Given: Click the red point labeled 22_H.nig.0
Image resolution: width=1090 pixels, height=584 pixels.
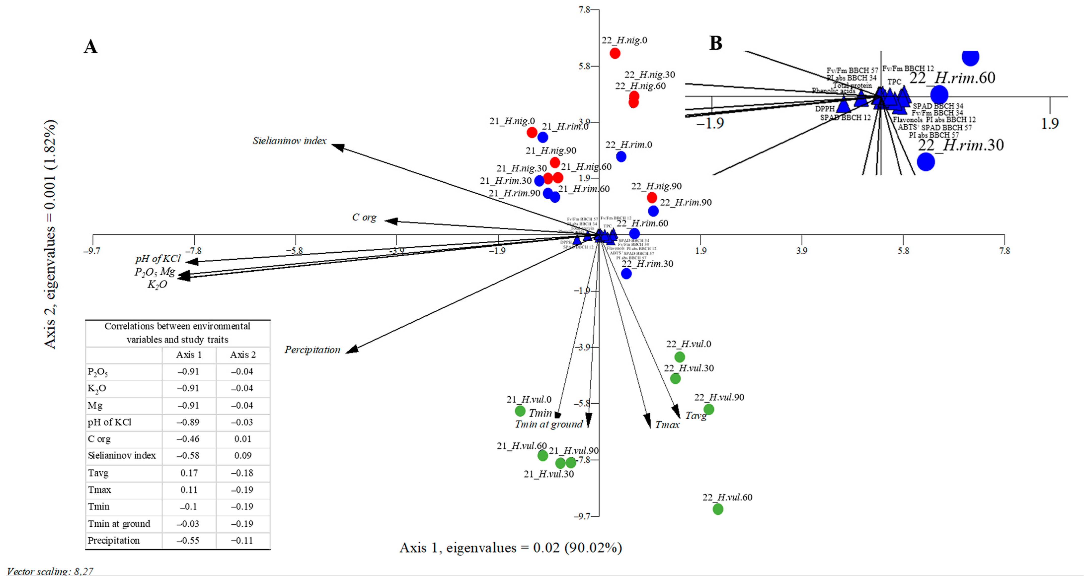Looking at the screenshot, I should point(615,53).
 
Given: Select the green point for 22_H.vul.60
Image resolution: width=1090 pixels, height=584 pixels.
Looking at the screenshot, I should point(718,509).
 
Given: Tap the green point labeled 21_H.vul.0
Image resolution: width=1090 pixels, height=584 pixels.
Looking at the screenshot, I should point(520,411).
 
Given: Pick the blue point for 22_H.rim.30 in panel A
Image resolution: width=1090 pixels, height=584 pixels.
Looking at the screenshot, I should point(626,274).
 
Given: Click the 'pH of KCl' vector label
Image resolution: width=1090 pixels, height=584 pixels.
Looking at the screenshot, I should point(158,258).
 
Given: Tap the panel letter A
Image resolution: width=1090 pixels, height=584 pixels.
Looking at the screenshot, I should point(91,46).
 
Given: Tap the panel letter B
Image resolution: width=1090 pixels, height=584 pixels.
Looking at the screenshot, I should point(715,43).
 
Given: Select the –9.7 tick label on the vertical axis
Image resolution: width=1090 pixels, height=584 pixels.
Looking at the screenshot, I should point(582,516).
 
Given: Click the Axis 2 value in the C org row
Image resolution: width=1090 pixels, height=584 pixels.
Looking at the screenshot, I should point(242,439).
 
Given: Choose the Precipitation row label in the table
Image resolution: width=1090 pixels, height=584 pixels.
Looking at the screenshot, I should point(113,540).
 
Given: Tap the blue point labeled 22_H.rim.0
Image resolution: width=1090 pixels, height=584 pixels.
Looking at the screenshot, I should point(621,157).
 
